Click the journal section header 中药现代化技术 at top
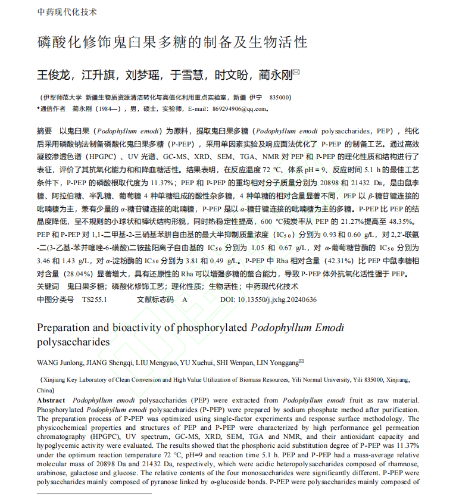(67, 12)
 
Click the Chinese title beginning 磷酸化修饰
(172, 42)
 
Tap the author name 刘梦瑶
(143, 75)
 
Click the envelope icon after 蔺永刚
(296, 73)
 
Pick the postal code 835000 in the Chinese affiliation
(280, 97)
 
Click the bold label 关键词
(48, 286)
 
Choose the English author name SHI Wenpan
(226, 362)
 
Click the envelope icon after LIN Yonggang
(301, 361)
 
